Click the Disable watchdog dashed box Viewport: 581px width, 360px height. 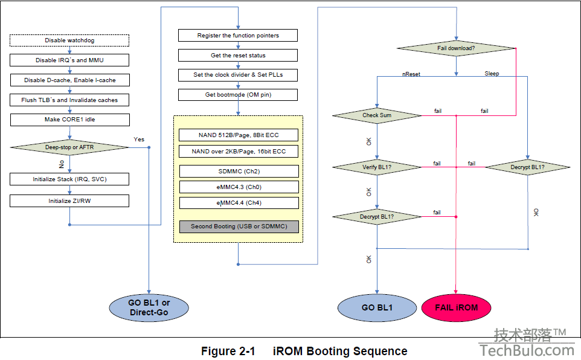tap(69, 40)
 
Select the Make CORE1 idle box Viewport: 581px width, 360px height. tap(69, 120)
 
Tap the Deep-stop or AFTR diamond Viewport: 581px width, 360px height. tap(69, 147)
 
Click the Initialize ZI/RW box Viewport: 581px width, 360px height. tap(69, 201)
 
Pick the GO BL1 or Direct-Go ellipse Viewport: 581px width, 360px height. tap(149, 307)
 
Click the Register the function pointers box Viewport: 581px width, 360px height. tap(238, 36)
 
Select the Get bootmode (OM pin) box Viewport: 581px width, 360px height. tap(238, 95)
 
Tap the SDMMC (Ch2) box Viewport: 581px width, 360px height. tap(239, 172)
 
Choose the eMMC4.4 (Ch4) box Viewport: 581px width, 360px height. tap(239, 203)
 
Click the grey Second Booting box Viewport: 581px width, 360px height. tap(239, 227)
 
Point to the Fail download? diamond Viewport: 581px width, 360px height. tap(456, 48)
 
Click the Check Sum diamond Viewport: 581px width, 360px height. tap(377, 115)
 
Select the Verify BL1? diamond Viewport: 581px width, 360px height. tap(377, 167)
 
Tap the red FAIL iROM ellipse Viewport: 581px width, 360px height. tap(456, 307)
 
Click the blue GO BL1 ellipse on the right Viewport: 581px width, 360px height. tap(377, 307)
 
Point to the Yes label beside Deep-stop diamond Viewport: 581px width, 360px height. tap(139, 140)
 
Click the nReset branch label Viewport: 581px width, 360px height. tap(411, 74)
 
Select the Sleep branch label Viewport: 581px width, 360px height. tap(492, 74)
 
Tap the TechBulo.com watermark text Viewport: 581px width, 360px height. tap(527, 350)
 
